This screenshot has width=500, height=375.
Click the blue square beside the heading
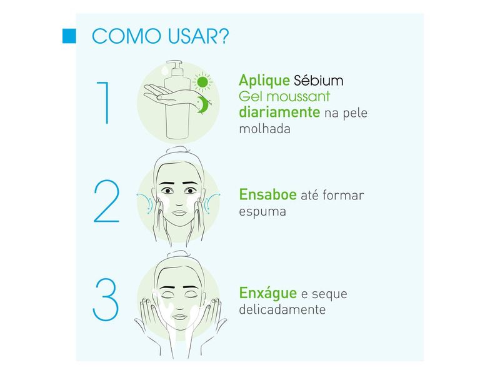coord(69,36)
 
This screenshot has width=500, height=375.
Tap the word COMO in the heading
coord(126,36)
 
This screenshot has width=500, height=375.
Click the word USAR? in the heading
coord(198,36)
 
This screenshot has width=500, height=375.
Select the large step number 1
coord(104,102)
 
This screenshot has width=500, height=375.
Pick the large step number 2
coord(106,201)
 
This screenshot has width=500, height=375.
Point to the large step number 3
coord(106,299)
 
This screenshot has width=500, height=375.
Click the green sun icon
coord(202,82)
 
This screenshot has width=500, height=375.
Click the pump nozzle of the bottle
coord(174,65)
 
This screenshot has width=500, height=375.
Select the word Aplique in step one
coord(264,81)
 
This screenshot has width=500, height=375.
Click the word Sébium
coord(319,81)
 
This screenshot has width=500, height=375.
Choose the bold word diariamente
coord(279,112)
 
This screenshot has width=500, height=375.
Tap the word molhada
coord(264,129)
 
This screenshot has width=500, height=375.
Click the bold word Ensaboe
coord(268,194)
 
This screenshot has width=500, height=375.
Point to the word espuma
coord(262,212)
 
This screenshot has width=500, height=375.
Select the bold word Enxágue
coord(268,293)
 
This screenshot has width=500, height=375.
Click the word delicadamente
coord(282,309)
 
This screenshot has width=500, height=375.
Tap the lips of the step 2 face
coord(179,212)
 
